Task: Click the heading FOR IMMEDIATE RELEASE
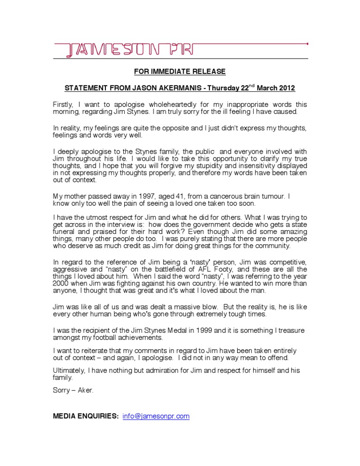click(180, 72)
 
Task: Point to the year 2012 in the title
click(287, 89)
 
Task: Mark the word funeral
click(64, 238)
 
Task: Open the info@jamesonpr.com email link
click(156, 416)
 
